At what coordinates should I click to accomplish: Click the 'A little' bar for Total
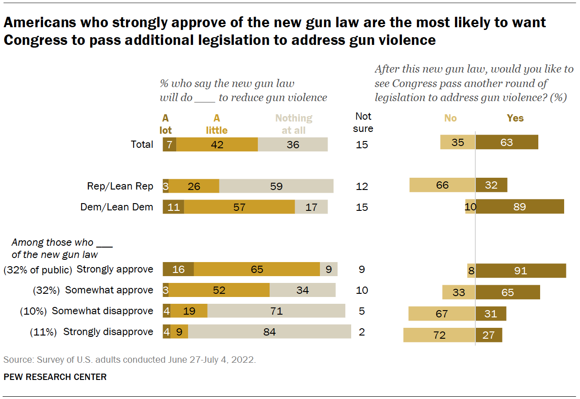[x=217, y=145]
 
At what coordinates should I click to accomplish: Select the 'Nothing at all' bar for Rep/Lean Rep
[x=276, y=186]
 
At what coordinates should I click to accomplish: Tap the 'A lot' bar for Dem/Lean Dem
[x=173, y=207]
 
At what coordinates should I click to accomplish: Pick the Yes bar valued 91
[x=521, y=271]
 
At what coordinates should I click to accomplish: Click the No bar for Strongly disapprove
[x=439, y=335]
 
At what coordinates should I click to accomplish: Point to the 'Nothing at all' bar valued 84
[x=270, y=332]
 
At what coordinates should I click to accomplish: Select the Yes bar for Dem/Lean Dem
[x=519, y=207]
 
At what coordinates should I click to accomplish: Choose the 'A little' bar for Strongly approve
[x=256, y=269]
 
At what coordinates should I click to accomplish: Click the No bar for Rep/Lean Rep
[x=442, y=185]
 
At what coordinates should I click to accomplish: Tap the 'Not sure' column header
[x=363, y=122]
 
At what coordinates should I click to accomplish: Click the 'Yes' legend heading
[x=515, y=118]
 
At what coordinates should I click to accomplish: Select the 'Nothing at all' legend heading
[x=294, y=124]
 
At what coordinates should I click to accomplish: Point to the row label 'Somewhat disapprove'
[x=102, y=311]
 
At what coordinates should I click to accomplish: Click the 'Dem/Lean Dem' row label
[x=117, y=207]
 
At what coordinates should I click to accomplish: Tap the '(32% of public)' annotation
[x=38, y=270]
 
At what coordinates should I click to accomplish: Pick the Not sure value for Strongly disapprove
[x=362, y=332]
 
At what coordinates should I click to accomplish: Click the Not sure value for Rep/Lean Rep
[x=362, y=186]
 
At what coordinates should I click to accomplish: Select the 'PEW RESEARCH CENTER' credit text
[x=55, y=377]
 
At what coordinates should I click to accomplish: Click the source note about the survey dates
[x=130, y=360]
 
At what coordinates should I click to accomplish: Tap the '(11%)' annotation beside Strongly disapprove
[x=43, y=332]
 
